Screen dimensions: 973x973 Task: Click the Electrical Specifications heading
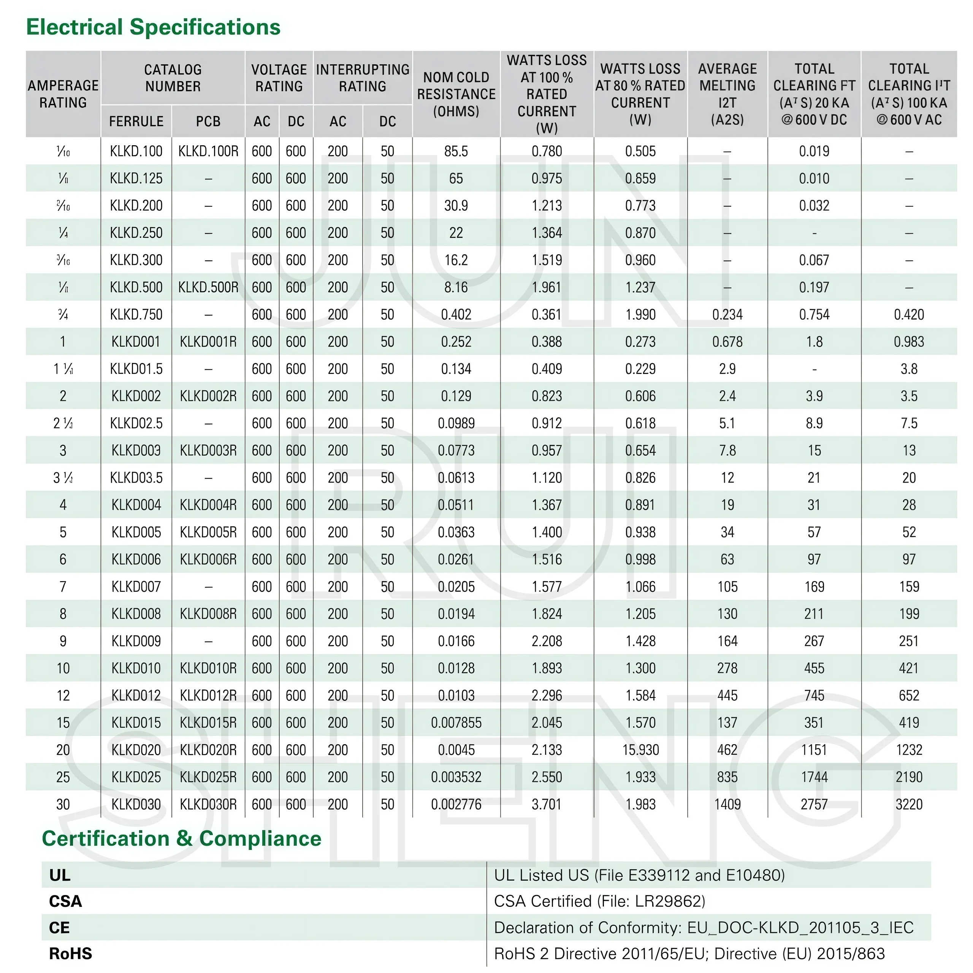(153, 27)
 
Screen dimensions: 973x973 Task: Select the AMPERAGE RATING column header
(63, 94)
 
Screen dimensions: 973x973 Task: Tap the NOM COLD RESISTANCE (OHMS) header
(456, 94)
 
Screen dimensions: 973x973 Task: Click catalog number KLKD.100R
(208, 151)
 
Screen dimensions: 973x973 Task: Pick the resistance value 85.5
(456, 151)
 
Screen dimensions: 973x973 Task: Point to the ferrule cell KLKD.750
(136, 315)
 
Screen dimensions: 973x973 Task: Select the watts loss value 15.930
(640, 750)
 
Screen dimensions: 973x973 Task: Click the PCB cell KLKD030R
(208, 804)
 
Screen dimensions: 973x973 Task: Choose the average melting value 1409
(727, 804)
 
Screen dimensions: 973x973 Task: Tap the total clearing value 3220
(909, 804)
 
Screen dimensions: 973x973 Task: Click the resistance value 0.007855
(456, 723)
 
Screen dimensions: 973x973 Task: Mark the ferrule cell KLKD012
(136, 696)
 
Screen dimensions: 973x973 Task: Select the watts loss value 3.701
(547, 804)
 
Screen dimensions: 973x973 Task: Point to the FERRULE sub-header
(136, 121)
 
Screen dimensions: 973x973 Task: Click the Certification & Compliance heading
(181, 838)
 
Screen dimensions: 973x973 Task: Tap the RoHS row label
(71, 954)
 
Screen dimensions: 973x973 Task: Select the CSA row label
(65, 902)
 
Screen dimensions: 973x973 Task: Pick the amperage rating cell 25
(63, 777)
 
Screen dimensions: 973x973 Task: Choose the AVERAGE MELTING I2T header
(727, 94)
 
